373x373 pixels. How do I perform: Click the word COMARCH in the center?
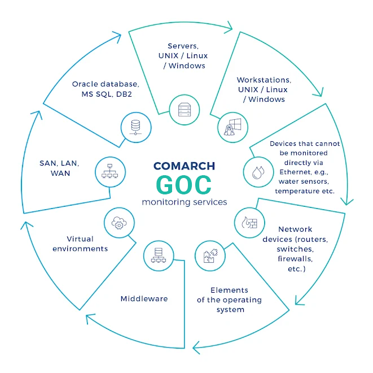pyautogui.click(x=184, y=166)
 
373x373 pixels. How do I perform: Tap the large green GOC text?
pyautogui.click(x=183, y=185)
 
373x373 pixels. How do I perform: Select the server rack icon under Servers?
pyautogui.click(x=185, y=110)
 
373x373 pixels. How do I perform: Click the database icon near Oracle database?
pyautogui.click(x=135, y=127)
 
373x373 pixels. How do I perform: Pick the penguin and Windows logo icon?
pyautogui.click(x=232, y=127)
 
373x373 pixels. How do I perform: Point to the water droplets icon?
pyautogui.click(x=258, y=172)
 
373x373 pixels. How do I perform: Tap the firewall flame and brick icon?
pyautogui.click(x=249, y=223)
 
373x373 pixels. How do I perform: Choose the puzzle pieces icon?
pyautogui.click(x=210, y=256)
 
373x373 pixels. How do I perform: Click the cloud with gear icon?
pyautogui.click(x=119, y=223)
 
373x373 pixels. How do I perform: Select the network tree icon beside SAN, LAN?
pyautogui.click(x=109, y=171)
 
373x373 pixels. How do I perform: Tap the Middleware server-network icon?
pyautogui.click(x=159, y=255)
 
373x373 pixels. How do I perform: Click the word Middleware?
pyautogui.click(x=144, y=299)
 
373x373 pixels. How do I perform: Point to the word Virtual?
pyautogui.click(x=80, y=239)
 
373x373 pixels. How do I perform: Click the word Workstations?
pyautogui.click(x=264, y=80)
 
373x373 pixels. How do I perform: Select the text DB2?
pyautogui.click(x=124, y=94)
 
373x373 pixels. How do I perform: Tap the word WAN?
pyautogui.click(x=60, y=173)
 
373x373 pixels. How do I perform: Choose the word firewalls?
pyautogui.click(x=295, y=259)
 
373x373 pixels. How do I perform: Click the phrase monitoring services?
pyautogui.click(x=185, y=202)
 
